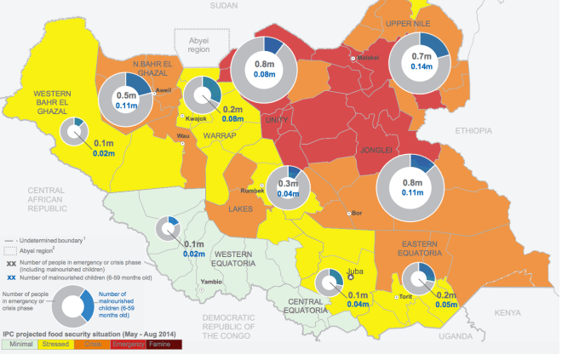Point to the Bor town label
(358, 213)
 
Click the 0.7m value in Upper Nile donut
(421, 55)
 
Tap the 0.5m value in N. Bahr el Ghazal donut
(127, 96)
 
